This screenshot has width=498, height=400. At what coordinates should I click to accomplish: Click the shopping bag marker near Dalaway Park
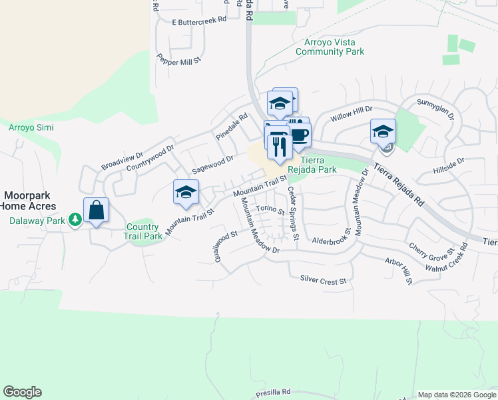[x=97, y=211]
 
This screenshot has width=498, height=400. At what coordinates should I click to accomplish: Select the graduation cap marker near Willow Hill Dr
[x=383, y=131]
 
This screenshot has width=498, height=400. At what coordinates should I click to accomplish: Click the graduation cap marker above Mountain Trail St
[x=186, y=193]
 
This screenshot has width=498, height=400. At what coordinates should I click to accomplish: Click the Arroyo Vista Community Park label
[x=330, y=46]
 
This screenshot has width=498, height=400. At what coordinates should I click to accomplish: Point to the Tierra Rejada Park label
[x=318, y=165]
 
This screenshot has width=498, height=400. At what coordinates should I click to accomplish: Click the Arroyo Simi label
[x=31, y=127]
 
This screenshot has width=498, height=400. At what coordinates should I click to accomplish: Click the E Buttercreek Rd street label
[x=198, y=20]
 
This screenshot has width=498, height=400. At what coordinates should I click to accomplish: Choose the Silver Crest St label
[x=324, y=280]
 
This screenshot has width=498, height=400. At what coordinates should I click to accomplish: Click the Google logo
[x=22, y=392]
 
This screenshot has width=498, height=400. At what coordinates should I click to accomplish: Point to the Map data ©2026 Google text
[x=456, y=395]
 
